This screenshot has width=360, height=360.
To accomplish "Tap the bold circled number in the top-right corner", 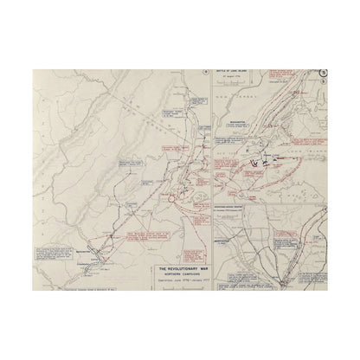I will tap(323, 75).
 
